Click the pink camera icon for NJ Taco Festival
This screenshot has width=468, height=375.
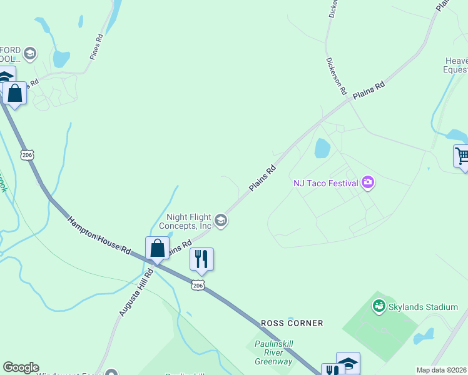coord(368,182)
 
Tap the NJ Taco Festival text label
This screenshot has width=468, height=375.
coord(326,183)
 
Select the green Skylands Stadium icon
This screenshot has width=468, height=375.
coord(378,306)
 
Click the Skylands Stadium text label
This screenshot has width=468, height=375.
coord(424,307)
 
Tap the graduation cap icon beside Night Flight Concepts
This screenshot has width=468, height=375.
coord(220,220)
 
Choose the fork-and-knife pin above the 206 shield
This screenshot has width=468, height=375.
coord(201,259)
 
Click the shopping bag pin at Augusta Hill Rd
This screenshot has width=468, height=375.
coord(158,248)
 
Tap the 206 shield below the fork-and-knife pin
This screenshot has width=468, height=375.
coord(198,285)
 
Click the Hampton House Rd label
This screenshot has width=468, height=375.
coord(99,235)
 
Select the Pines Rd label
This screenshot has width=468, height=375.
coord(95,47)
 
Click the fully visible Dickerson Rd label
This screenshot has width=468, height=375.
coord(336,76)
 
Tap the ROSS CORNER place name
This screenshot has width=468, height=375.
coord(292,323)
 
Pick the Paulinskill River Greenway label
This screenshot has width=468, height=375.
coord(273,352)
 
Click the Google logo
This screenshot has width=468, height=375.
coord(21,367)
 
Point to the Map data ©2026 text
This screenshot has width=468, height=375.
coord(442,370)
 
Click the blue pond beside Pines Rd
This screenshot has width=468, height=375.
coord(61,59)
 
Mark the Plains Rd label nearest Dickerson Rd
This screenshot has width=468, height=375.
coord(368,91)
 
